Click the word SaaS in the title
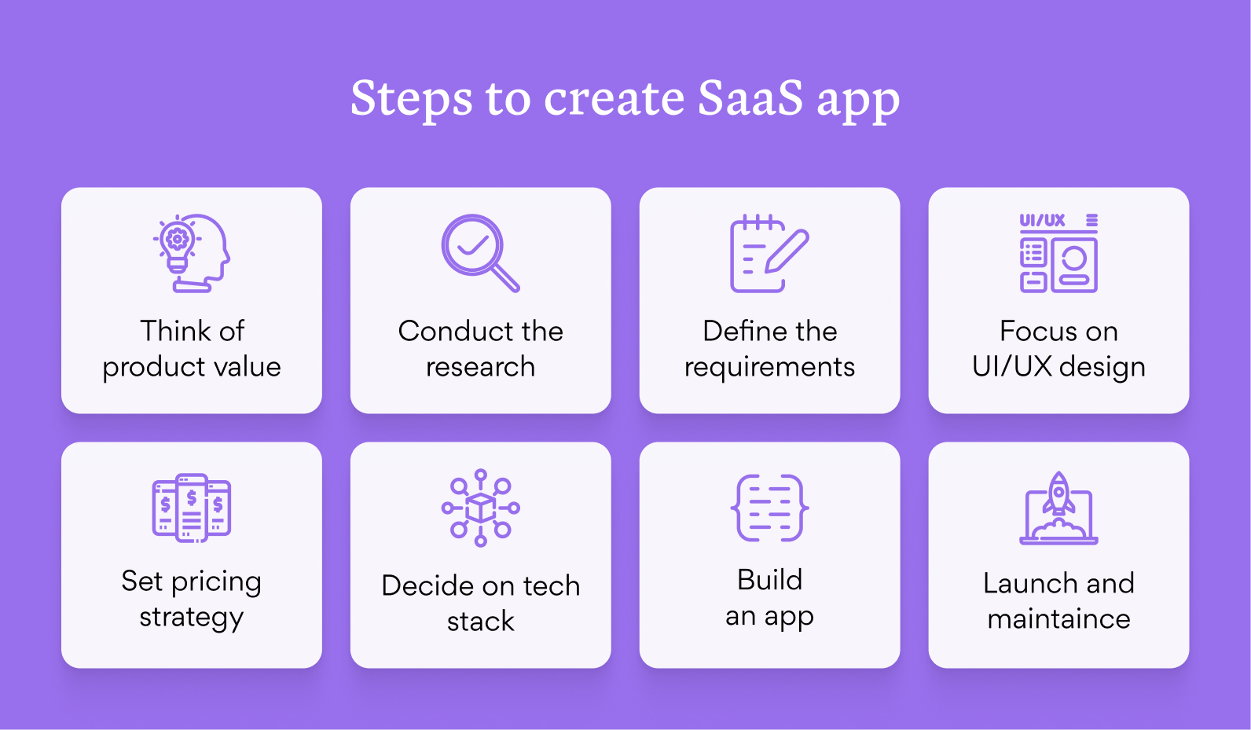pos(750,98)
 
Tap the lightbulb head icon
pos(192,253)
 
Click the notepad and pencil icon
pos(769,253)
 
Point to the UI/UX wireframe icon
pos(1058,253)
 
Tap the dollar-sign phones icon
pos(192,508)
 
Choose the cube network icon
pos(480,508)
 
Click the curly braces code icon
pos(769,508)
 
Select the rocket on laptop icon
pos(1058,508)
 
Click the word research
pos(480,367)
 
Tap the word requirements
pos(769,367)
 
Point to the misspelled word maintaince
pos(1058,619)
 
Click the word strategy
pos(191,618)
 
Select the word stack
pos(480,622)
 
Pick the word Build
pos(769,580)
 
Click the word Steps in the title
pos(411,99)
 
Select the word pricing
pos(216,582)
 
